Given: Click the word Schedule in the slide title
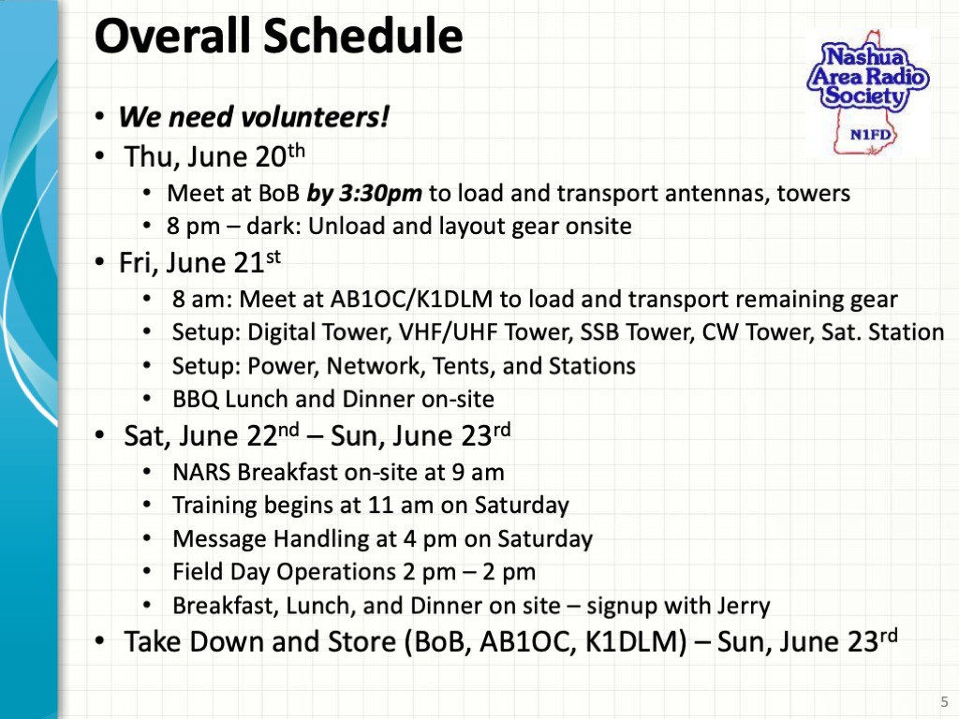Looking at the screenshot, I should coord(362,37).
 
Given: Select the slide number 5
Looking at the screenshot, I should coord(943,701).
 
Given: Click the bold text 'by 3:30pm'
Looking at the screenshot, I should coord(366,194).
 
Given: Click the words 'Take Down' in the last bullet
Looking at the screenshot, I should coord(199,642).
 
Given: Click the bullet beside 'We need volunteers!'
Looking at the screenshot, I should coord(99,119).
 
